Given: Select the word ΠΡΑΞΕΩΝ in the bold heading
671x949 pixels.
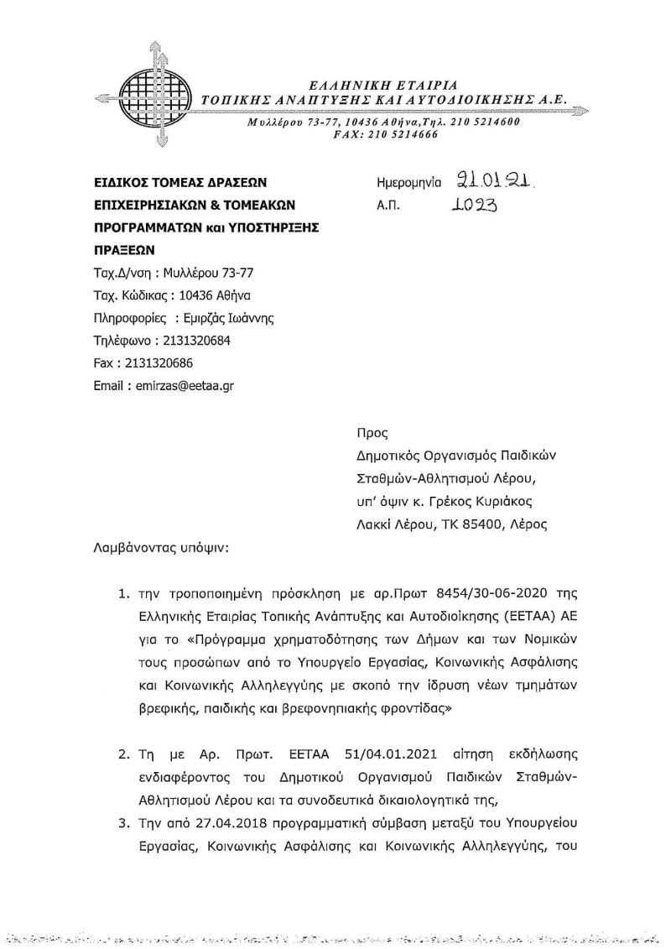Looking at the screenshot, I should pos(124,250).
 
